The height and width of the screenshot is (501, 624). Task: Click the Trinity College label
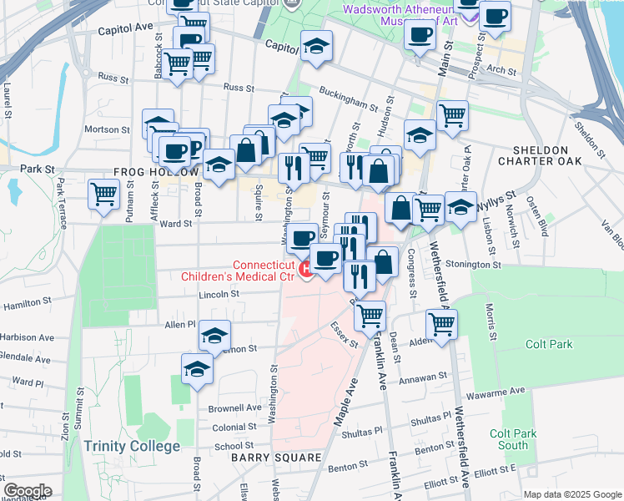[132, 446]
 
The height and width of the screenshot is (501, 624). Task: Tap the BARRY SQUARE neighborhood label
[276, 458]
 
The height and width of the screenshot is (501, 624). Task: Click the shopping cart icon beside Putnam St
[104, 195]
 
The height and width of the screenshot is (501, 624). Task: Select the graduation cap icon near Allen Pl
[214, 336]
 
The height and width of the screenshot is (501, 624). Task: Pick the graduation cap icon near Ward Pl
[197, 368]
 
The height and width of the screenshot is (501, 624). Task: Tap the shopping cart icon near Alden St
[441, 323]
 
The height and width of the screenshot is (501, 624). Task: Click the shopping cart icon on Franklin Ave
[370, 315]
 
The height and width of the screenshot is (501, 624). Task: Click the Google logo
[27, 491]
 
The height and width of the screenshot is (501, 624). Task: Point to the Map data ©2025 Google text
[572, 494]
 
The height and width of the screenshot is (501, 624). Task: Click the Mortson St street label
[107, 129]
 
